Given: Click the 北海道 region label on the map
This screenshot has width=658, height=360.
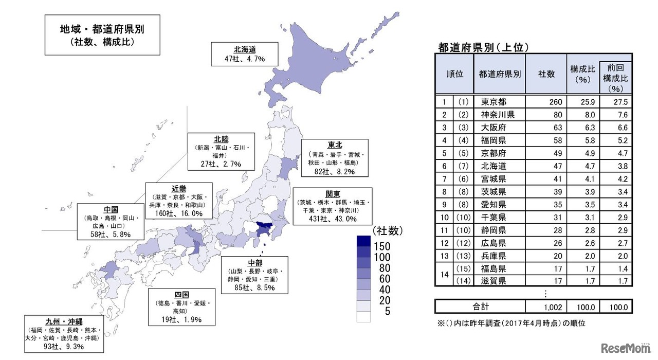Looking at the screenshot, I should (x=245, y=50).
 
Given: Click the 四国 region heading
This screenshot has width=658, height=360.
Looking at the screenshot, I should (x=181, y=294).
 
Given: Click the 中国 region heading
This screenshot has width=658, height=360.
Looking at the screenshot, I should (x=111, y=209).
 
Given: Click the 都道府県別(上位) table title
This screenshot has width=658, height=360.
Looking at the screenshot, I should (x=483, y=48).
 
